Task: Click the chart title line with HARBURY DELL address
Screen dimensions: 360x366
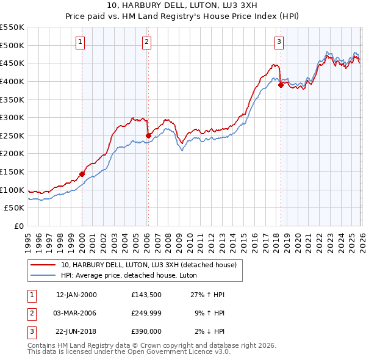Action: point(182,5)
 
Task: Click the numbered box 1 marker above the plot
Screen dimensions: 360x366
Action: point(81,42)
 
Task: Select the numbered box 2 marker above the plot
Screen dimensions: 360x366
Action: point(148,42)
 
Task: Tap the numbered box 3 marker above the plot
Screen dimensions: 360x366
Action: point(279,42)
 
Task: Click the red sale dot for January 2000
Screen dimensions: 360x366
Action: point(82,174)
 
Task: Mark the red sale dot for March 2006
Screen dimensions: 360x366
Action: point(148,135)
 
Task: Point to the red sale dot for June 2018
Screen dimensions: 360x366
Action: point(281,85)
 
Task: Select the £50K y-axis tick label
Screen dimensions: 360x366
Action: point(15,208)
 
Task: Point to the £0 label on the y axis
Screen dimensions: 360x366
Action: point(20,226)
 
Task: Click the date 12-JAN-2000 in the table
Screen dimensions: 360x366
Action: point(76,295)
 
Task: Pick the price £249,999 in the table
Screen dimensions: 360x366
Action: point(146,313)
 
